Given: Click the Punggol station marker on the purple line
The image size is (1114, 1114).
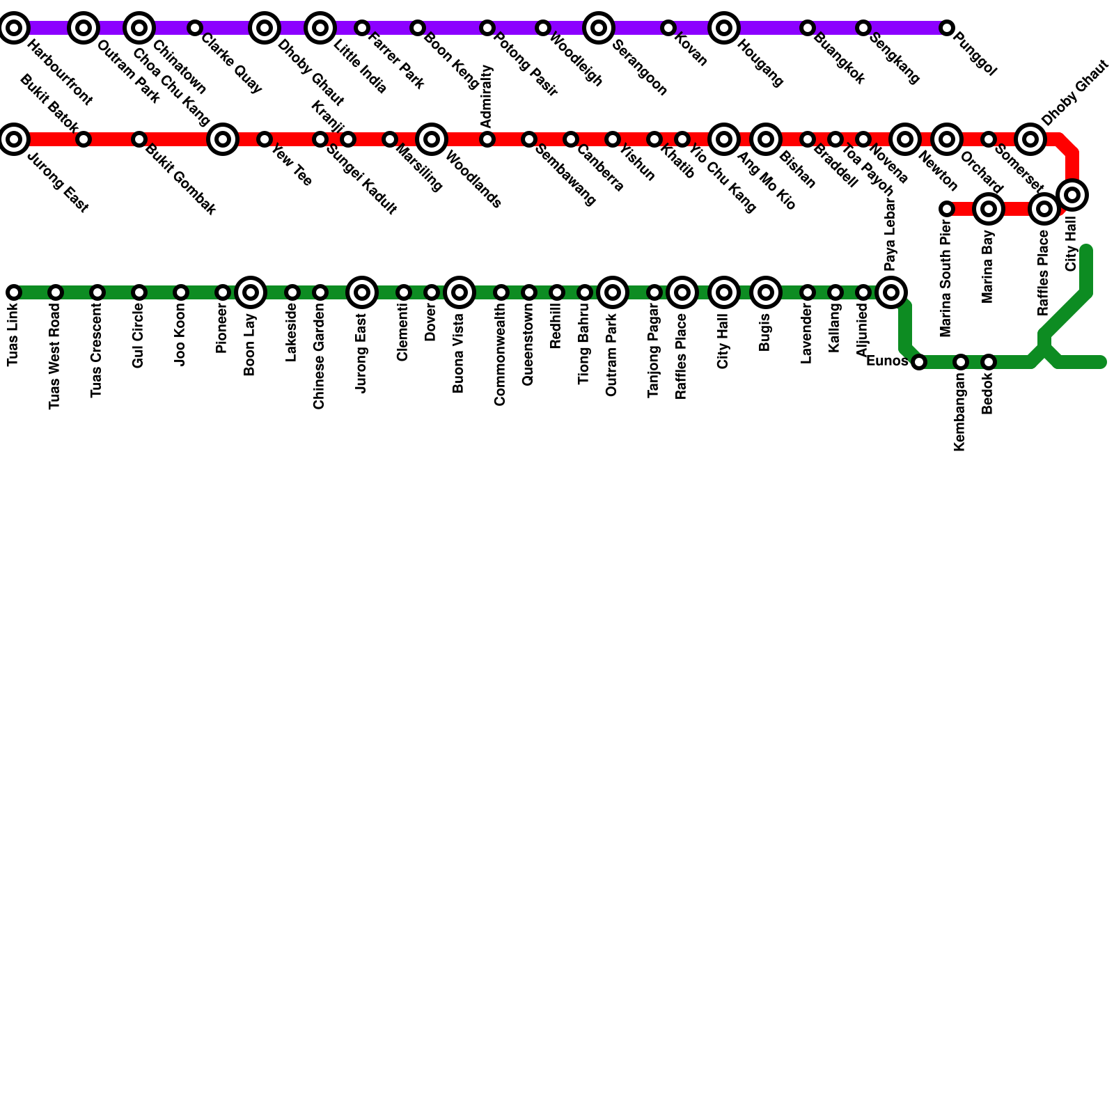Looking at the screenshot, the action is (946, 28).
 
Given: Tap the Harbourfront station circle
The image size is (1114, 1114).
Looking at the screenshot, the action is (14, 28).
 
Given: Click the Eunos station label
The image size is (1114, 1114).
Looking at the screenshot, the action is (887, 361).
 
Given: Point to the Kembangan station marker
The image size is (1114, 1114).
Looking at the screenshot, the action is (961, 362).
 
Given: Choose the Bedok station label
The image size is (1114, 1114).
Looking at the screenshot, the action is (988, 394).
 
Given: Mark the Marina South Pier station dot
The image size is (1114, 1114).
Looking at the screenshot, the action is (946, 209).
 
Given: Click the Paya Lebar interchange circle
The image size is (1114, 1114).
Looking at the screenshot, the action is (891, 292).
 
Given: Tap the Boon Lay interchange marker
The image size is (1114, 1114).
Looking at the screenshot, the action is (251, 292).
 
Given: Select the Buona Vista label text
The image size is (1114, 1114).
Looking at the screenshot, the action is (458, 354).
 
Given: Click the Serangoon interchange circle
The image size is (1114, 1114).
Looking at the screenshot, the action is (599, 28).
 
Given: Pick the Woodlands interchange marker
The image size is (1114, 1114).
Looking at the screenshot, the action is (432, 139).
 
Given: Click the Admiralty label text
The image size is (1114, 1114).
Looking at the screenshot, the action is (487, 96).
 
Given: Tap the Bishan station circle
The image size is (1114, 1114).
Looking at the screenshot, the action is (766, 139).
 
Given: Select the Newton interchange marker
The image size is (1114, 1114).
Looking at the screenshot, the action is (905, 139).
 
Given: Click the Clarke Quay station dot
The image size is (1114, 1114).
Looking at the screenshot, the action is (195, 28).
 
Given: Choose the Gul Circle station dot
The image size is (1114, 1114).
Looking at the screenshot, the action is (139, 292).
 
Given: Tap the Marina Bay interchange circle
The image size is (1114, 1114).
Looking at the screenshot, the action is (988, 209).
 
